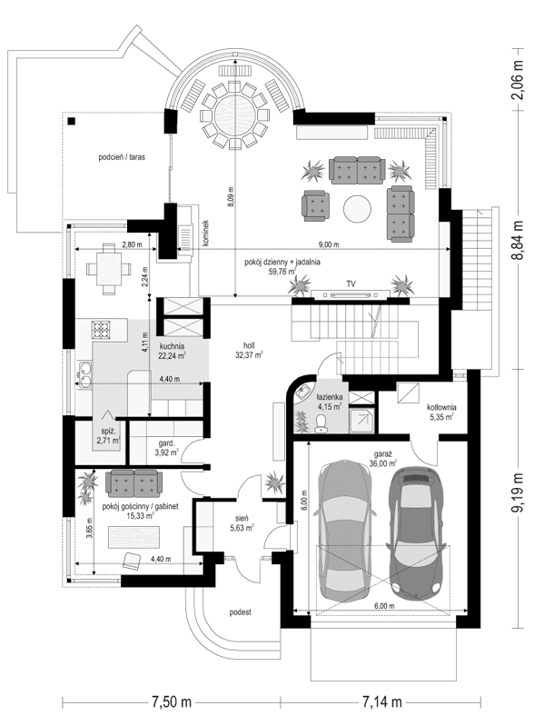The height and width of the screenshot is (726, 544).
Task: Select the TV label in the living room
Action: coord(351,283)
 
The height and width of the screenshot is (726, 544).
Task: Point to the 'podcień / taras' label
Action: coord(123,156)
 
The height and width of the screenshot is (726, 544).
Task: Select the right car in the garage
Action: coord(416,527)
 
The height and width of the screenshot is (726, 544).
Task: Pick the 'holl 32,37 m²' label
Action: coord(246,350)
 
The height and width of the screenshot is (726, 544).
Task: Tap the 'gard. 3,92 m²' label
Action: coord(164,447)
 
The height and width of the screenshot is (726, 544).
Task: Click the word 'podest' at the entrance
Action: coord(239,612)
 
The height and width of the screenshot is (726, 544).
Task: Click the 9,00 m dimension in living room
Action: coord(329,244)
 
